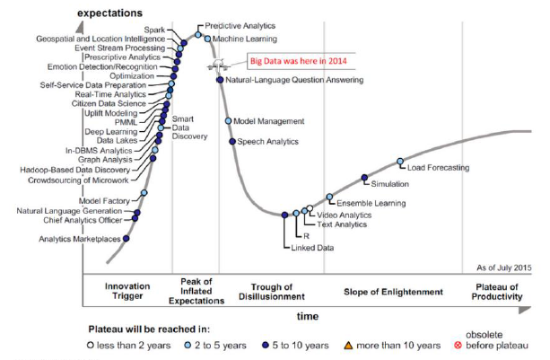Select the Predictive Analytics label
[240, 27]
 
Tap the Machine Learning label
[248, 39]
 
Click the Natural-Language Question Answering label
[294, 80]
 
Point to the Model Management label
[270, 120]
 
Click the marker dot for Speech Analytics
[231, 141]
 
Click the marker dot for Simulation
[364, 178]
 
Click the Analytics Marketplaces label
[79, 239]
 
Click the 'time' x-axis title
[307, 317]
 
